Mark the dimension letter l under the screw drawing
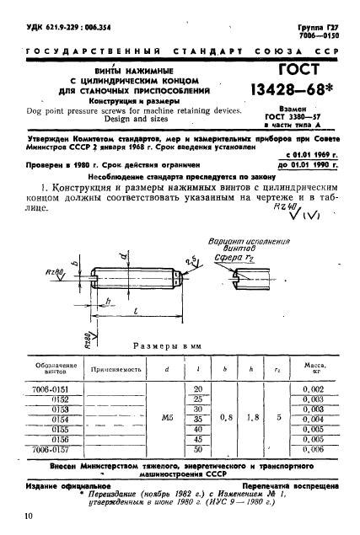(x=136, y=310)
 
